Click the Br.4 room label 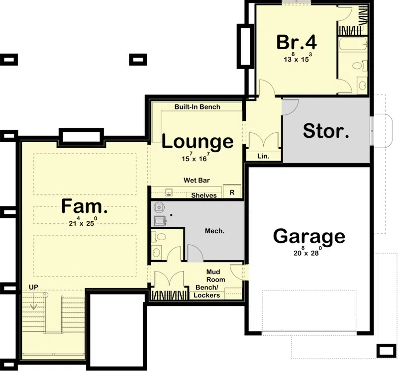(297, 42)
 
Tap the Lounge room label (198, 142)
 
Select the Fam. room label (84, 206)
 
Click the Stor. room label (326, 131)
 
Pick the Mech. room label (214, 231)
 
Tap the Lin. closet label (264, 156)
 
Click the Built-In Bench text (197, 107)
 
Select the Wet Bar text (197, 180)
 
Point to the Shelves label (204, 195)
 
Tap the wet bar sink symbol (169, 192)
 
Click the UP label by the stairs (33, 287)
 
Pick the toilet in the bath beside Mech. (159, 237)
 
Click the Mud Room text (215, 276)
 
